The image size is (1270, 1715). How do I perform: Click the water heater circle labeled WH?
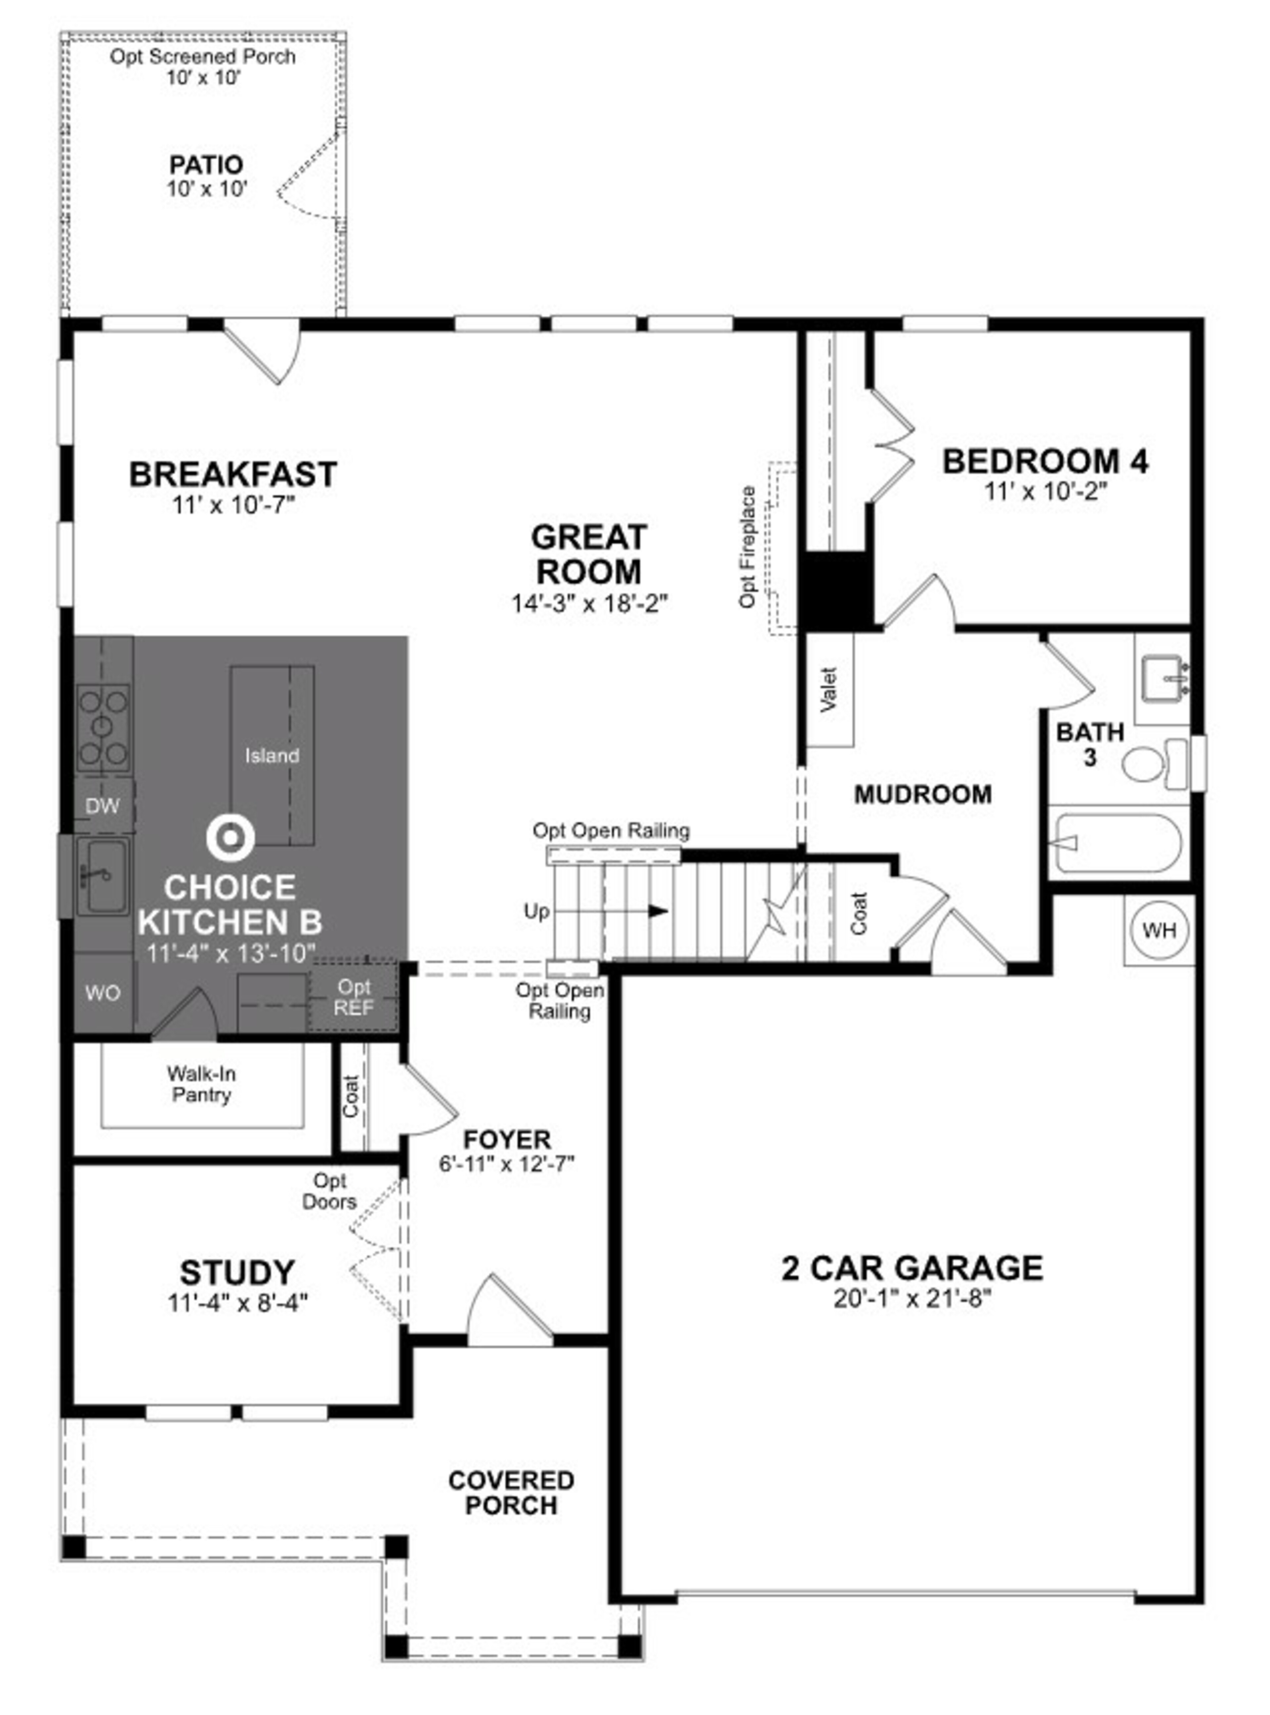[1159, 930]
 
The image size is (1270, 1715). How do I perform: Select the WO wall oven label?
[102, 993]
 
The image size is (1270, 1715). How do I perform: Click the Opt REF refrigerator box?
[354, 997]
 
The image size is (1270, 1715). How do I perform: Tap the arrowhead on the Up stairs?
[657, 911]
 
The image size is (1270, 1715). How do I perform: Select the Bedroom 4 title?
[1045, 461]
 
